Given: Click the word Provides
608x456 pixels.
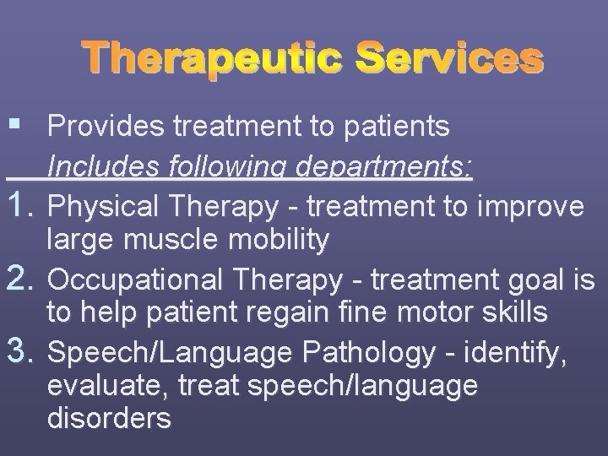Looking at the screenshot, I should [x=106, y=128].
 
